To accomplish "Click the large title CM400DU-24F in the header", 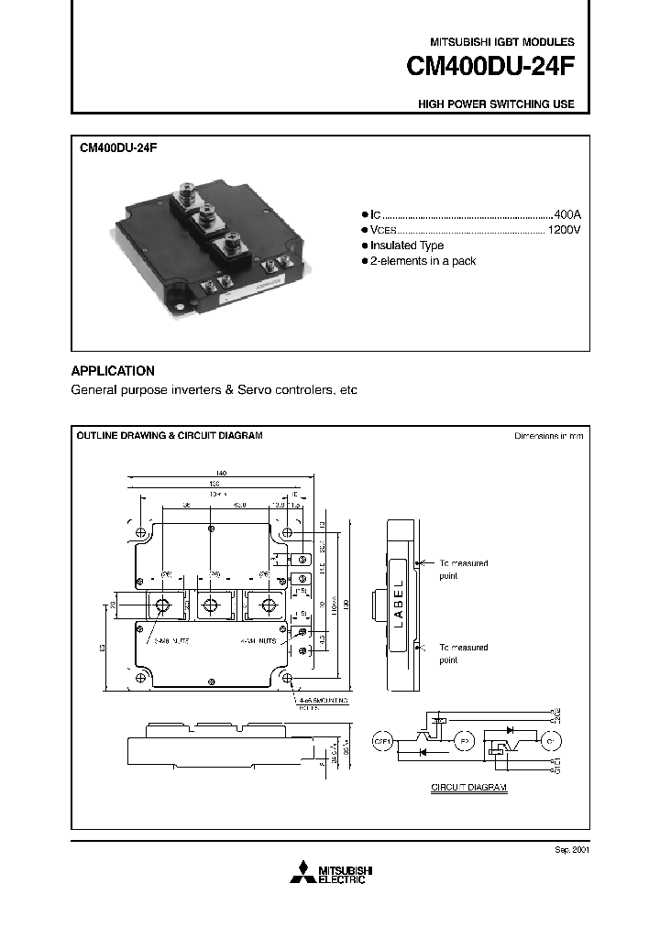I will click(490, 68).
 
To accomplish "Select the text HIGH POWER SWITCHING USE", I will click(496, 104).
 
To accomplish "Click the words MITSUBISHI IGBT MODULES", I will click(502, 42).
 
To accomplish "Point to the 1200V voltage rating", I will click(563, 229).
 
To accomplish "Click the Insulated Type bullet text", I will click(408, 245).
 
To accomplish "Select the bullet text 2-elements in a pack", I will click(423, 261).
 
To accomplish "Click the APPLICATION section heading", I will click(113, 371).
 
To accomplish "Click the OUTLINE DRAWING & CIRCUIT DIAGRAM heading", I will click(169, 435).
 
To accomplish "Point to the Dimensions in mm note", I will click(548, 436).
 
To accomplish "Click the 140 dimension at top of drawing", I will click(221, 474).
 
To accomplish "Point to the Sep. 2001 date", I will click(570, 849).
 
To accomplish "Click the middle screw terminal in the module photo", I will click(208, 218).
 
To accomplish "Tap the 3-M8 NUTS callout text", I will click(171, 641).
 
